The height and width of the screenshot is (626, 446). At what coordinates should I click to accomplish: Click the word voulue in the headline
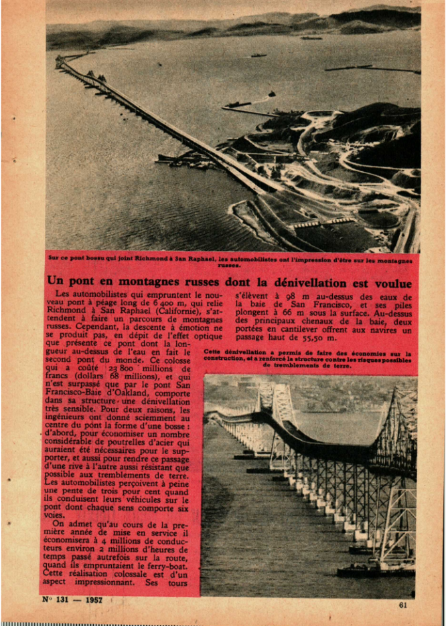click(391, 283)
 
